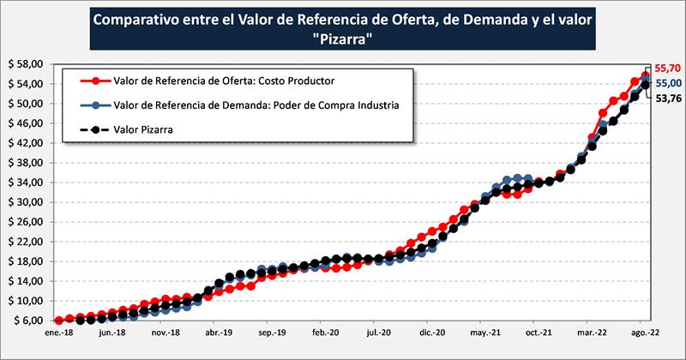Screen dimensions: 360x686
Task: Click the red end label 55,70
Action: point(667,68)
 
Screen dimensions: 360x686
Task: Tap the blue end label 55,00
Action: point(667,82)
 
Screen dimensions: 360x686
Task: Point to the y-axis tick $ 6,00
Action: point(26,321)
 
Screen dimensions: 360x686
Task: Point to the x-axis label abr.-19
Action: point(217,331)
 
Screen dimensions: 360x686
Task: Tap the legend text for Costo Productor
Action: point(223,81)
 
